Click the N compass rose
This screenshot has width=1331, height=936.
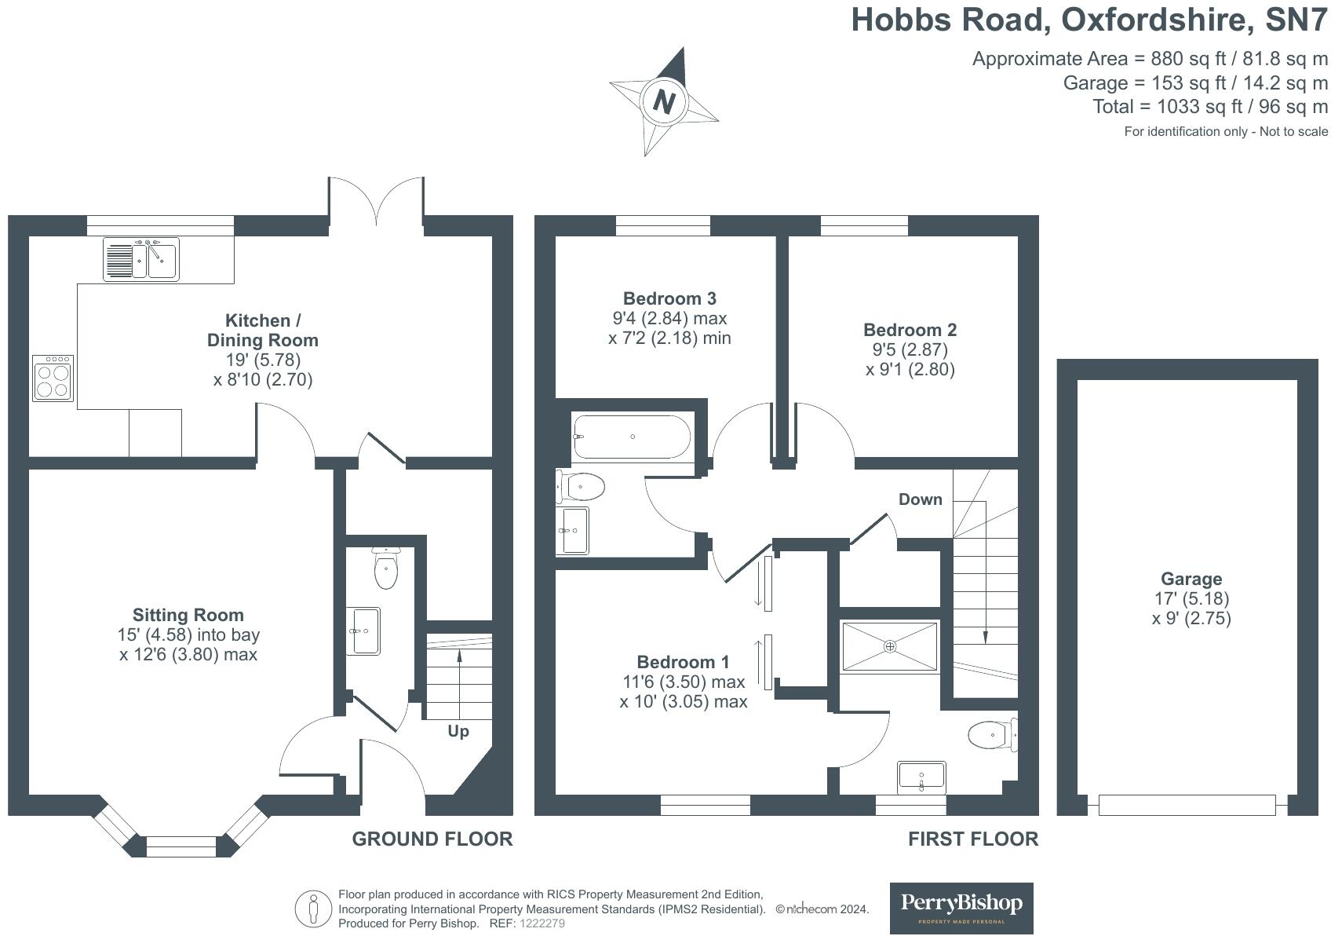click(664, 102)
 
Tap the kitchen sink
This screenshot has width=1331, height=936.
click(142, 259)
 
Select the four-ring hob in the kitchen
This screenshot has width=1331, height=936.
click(53, 378)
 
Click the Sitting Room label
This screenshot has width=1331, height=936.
click(188, 615)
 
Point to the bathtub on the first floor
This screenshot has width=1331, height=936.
click(632, 437)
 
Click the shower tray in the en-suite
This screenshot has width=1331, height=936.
click(890, 646)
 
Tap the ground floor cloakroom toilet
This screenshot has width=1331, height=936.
click(386, 569)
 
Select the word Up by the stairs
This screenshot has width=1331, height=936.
click(458, 731)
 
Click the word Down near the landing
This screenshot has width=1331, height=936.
click(920, 499)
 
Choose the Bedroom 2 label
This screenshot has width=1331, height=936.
click(910, 330)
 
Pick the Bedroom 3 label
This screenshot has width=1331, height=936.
click(669, 298)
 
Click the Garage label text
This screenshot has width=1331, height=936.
click(1191, 579)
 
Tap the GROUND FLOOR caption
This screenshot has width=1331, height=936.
click(432, 839)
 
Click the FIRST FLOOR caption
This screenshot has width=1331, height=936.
click(972, 839)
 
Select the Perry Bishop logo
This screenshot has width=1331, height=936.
click(961, 908)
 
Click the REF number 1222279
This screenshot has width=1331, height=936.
click(542, 923)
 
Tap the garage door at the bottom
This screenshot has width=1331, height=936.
click(1187, 805)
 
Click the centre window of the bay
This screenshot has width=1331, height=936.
click(181, 846)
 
